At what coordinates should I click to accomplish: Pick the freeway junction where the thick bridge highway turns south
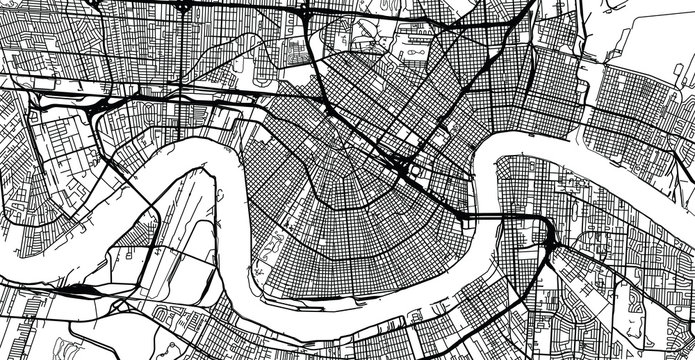click(x=549, y=240)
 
